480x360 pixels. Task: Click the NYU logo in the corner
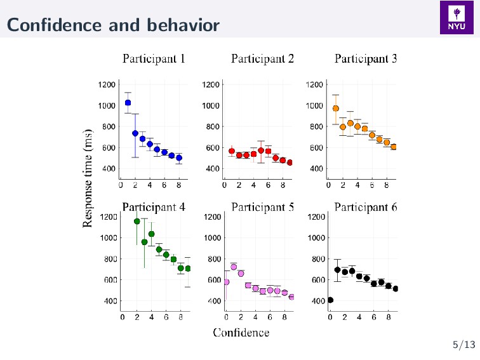[457, 19]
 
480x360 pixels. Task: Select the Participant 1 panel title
[154, 59]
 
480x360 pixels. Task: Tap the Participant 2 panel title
[262, 59]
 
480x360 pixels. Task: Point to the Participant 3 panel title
[366, 59]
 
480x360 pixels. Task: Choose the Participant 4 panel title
[154, 207]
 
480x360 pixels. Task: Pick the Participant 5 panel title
[262, 207]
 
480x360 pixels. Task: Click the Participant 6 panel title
[366, 207]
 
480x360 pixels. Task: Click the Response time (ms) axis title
[88, 177]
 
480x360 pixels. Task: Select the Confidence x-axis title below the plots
[241, 332]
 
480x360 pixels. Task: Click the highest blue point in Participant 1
[128, 103]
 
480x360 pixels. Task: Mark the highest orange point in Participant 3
[336, 109]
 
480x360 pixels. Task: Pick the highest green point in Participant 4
[137, 222]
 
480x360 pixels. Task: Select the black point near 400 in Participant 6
[330, 300]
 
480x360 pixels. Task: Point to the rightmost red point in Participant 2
[290, 163]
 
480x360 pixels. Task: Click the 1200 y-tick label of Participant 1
[107, 84]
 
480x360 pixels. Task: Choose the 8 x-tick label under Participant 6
[389, 317]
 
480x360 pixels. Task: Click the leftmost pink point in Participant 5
[227, 282]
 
